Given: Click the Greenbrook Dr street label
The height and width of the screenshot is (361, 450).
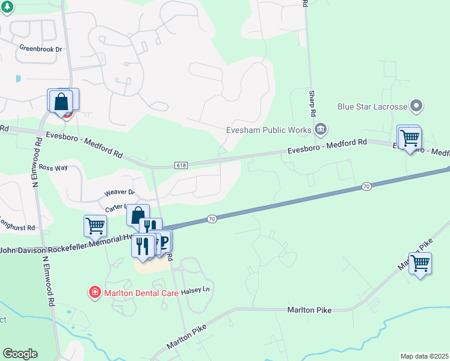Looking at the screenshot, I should point(41,48).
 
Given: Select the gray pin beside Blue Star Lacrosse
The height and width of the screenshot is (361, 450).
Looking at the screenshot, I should point(416,107).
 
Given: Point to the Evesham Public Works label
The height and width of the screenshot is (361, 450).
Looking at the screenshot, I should point(268,129).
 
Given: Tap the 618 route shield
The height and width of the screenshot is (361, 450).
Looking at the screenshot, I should point(181,165).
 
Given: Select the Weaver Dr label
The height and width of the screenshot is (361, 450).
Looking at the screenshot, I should point(119,193).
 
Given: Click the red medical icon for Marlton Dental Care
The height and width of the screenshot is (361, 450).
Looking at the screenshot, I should point(94,293).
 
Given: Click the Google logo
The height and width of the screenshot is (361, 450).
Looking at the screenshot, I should point(20,353).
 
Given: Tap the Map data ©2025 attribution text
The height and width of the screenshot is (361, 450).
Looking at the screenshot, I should point(424,356).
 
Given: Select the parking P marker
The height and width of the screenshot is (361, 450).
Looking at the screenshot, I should point(163,240).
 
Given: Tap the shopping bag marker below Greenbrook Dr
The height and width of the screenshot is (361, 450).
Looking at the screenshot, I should point(61,101).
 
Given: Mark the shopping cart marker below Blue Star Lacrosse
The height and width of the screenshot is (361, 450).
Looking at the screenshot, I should point(410,138).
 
